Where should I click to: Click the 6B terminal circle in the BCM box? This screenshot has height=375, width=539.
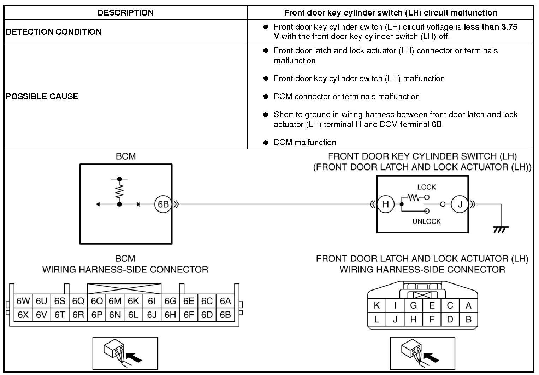(163, 204)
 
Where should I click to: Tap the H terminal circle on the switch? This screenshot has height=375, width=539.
(385, 204)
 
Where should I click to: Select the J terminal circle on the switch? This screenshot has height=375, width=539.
(460, 204)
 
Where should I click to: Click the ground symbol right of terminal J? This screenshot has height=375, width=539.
(500, 230)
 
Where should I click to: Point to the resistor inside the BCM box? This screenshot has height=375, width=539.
(119, 191)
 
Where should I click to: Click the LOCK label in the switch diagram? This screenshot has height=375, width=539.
(426, 187)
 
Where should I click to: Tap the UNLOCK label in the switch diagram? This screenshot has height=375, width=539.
(426, 222)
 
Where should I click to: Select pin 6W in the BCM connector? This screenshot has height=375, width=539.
(23, 301)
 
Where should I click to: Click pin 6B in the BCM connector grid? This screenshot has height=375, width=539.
(225, 314)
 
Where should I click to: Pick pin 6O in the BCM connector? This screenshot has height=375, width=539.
(97, 301)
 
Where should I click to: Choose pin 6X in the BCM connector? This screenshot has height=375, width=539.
(23, 314)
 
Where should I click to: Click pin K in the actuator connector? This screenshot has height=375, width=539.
(377, 305)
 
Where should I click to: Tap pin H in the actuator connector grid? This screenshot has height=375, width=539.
(413, 319)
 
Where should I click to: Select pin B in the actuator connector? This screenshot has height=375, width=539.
(468, 319)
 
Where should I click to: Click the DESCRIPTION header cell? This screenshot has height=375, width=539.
(125, 13)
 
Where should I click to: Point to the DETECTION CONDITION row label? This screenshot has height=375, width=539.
(54, 32)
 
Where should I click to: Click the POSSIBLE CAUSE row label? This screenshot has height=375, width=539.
(42, 96)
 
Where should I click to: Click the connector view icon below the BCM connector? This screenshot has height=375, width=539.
(125, 353)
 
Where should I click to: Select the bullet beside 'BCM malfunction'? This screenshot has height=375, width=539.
(266, 143)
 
